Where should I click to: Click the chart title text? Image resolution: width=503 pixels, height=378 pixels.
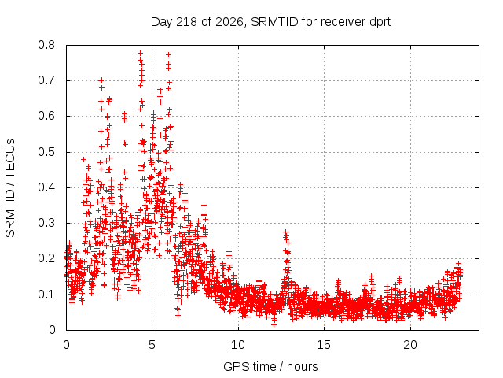pyautogui.click(x=270, y=22)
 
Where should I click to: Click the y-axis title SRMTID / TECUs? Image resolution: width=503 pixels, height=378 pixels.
pyautogui.click(x=10, y=188)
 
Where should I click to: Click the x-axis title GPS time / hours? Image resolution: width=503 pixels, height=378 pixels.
pyautogui.click(x=270, y=366)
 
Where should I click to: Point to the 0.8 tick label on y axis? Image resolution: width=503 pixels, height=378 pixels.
pyautogui.click(x=46, y=45)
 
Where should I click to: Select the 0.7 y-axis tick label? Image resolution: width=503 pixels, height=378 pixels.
pyautogui.click(x=46, y=80)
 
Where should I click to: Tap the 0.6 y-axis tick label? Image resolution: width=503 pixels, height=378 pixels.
pyautogui.click(x=46, y=116)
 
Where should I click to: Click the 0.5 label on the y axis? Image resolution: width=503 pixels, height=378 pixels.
pyautogui.click(x=46, y=152)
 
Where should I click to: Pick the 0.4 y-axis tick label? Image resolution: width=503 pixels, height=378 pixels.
pyautogui.click(x=46, y=187)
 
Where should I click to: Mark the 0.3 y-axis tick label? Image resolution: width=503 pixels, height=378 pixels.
pyautogui.click(x=46, y=223)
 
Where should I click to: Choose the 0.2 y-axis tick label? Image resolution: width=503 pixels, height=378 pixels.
pyautogui.click(x=46, y=258)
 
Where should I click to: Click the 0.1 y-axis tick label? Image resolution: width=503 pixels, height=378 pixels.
pyautogui.click(x=46, y=294)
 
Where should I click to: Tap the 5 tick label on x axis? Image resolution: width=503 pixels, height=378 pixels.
pyautogui.click(x=152, y=345)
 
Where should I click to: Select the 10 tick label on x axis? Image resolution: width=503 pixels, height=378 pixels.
pyautogui.click(x=238, y=345)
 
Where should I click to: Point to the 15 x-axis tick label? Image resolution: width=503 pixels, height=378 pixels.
pyautogui.click(x=324, y=345)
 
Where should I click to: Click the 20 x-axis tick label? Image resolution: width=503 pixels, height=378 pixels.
pyautogui.click(x=410, y=345)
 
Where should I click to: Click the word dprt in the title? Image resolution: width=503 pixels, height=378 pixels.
pyautogui.click(x=380, y=23)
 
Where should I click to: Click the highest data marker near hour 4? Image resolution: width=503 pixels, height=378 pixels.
pyautogui.click(x=140, y=53)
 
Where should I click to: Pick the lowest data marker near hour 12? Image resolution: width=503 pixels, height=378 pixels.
pyautogui.click(x=274, y=324)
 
